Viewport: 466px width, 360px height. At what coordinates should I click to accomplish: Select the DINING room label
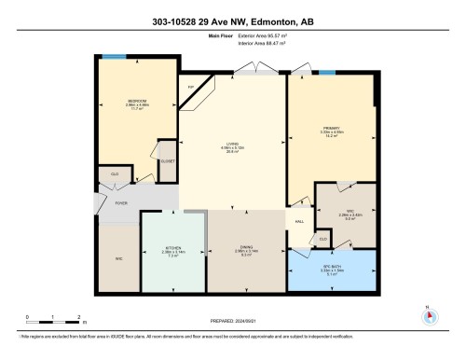tap(246, 248)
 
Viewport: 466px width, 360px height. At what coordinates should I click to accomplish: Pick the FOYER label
tap(121, 202)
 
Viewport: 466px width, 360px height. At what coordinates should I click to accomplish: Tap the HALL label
tap(300, 221)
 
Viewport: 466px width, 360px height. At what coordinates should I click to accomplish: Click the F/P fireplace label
tap(191, 88)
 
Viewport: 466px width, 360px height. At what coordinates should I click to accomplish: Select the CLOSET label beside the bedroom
tap(168, 160)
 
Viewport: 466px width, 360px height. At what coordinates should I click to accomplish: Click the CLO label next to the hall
tap(322, 240)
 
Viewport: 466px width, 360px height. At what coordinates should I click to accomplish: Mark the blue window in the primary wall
tap(327, 73)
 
